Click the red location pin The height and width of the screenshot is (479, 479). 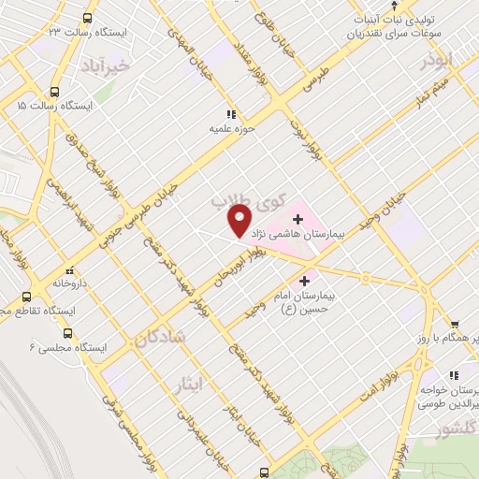239,221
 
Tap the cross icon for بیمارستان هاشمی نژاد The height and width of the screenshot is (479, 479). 298,218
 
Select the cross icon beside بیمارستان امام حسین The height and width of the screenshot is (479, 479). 304,279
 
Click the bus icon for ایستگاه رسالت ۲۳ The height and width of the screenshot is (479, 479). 88,18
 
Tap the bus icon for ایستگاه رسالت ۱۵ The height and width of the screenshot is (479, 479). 55,93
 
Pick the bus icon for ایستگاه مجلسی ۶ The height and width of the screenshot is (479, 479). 67,332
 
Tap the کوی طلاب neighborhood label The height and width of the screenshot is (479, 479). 238,201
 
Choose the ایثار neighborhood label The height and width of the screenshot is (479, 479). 188,383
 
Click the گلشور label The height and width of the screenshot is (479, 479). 453,430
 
